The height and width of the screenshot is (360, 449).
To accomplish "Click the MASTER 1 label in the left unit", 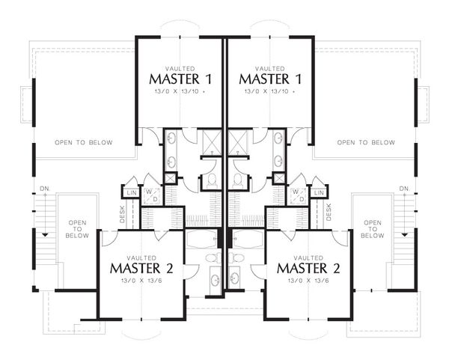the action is click(180, 79).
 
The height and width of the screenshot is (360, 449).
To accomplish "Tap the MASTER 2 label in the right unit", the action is click(308, 269).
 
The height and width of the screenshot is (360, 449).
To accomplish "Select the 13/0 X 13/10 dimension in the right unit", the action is click(269, 91).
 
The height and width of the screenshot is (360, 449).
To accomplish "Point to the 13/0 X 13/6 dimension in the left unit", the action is click(142, 281).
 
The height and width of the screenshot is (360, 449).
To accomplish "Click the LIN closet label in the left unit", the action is click(132, 193).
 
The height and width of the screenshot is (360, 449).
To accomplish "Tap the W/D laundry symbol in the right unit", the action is click(299, 195).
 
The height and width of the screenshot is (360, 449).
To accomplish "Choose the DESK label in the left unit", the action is click(122, 214).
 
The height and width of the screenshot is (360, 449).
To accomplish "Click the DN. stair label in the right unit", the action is click(405, 189).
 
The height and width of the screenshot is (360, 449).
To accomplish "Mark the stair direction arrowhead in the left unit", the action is click(45, 234).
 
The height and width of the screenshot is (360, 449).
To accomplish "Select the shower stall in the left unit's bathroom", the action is click(212, 142).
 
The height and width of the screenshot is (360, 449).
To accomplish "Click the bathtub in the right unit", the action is click(246, 239).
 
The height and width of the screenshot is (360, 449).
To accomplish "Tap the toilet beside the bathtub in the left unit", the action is click(213, 257).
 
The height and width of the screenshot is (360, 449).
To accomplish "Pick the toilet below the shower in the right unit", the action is click(237, 182).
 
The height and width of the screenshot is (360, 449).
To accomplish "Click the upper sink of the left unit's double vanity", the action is click(171, 138).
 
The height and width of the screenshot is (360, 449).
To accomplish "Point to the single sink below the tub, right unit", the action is click(236, 278).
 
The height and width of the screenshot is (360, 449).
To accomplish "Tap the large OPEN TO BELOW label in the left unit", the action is click(84, 142).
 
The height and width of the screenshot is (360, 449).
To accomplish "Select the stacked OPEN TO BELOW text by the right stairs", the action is click(373, 229).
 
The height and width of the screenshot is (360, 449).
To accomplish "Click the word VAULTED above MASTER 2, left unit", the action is click(141, 258).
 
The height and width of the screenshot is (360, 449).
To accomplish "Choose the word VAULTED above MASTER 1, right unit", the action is click(269, 69).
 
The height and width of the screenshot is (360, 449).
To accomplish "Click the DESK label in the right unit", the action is click(329, 212).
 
